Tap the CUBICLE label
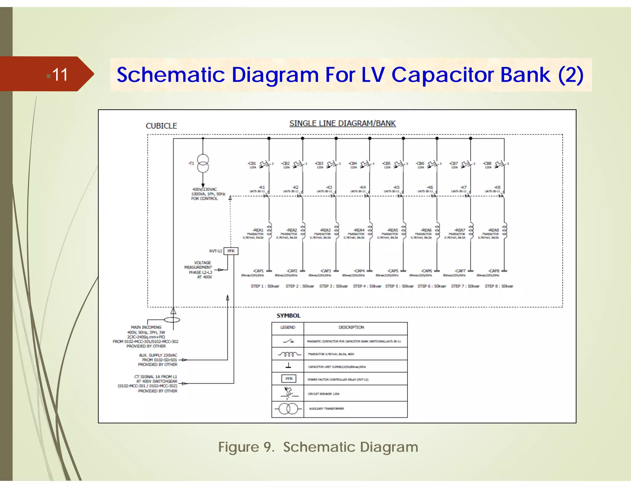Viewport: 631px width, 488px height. (161, 126)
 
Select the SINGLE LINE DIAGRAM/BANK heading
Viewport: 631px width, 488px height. (342, 123)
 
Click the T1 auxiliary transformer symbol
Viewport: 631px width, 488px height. (203, 163)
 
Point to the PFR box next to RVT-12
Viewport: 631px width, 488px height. (231, 251)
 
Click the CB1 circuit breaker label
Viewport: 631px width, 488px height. (252, 163)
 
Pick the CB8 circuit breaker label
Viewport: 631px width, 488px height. (487, 163)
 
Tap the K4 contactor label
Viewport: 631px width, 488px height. (363, 187)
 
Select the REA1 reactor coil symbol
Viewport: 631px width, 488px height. (269, 230)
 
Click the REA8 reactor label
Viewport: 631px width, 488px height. (494, 230)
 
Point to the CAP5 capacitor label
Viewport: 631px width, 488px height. (393, 271)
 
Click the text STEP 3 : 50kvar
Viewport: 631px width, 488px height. (333, 286)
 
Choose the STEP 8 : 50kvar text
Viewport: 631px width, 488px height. (499, 286)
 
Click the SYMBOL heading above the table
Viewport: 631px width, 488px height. (288, 316)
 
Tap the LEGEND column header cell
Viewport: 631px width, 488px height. (288, 327)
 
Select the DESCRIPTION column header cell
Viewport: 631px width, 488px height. (351, 327)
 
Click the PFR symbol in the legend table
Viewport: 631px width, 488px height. (289, 378)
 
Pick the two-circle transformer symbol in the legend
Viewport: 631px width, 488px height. (288, 409)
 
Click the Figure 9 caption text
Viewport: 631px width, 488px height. (318, 447)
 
